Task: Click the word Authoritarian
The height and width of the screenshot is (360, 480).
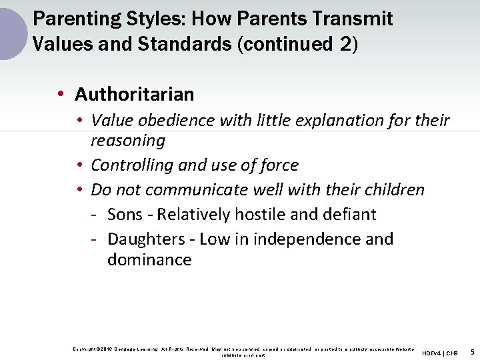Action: pos(134,95)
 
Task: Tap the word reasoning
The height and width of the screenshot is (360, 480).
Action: pos(127,141)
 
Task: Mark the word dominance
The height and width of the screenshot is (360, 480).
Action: pos(149,259)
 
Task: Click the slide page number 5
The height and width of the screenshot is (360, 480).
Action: pos(472,352)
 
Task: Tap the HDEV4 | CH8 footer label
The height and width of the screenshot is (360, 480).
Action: pos(440,353)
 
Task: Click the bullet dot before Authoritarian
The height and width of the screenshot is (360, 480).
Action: pos(61,95)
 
